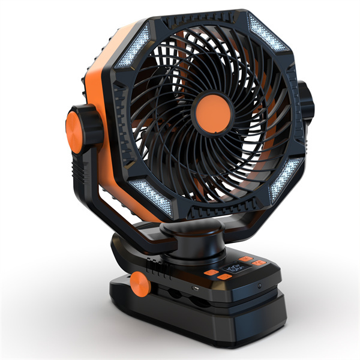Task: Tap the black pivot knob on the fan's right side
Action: click(x=306, y=102)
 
